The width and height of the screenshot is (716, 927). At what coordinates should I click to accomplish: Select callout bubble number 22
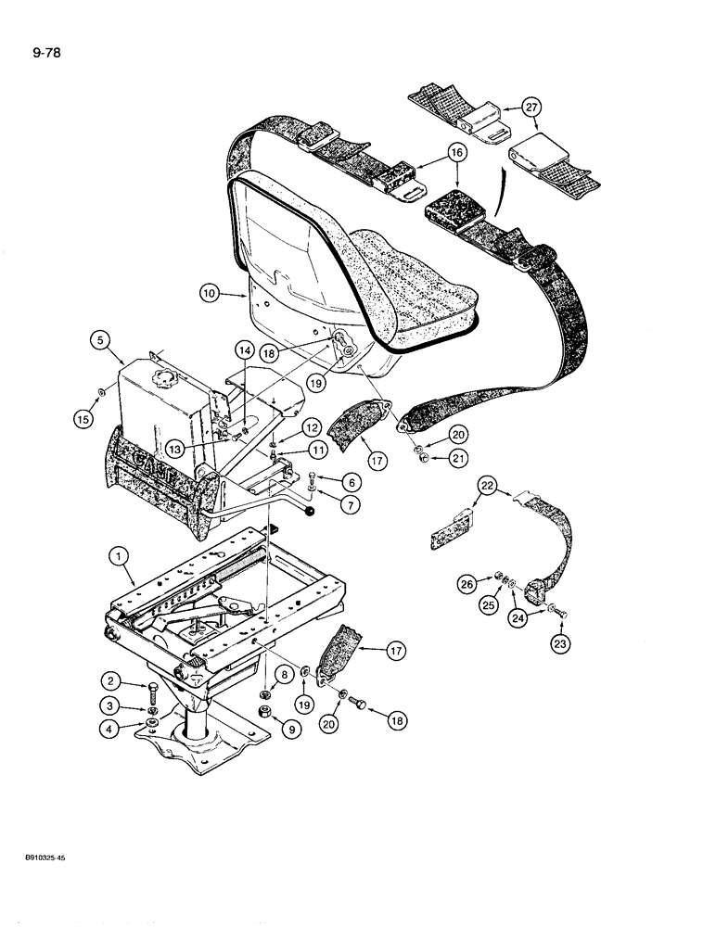click(489, 485)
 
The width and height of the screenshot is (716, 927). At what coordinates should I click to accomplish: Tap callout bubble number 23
click(562, 641)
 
